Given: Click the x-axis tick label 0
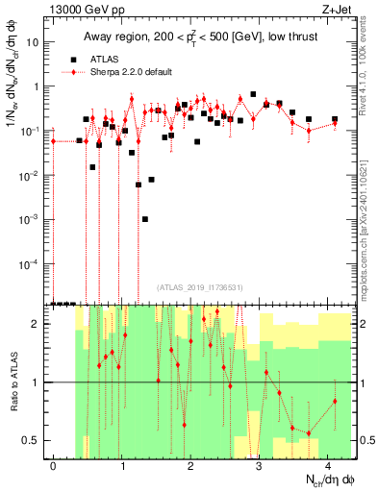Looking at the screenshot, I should point(54,465).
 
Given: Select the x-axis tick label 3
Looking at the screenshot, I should point(260,465).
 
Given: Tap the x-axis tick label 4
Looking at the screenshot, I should point(328,465).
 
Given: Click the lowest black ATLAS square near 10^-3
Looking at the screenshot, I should point(145,219).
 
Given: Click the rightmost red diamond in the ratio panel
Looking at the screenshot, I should point(335,401).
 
